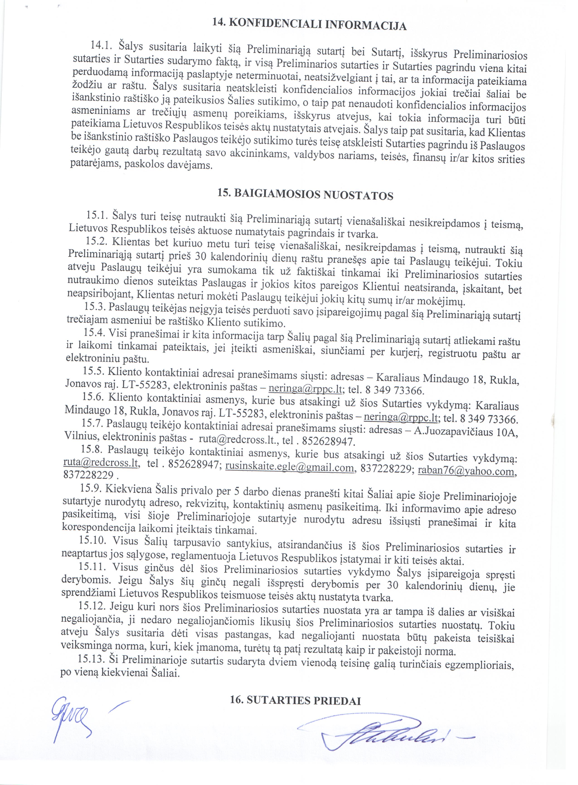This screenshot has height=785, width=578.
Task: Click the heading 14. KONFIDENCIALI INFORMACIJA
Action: (x=309, y=24)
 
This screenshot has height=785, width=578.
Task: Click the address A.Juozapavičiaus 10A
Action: (x=465, y=431)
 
